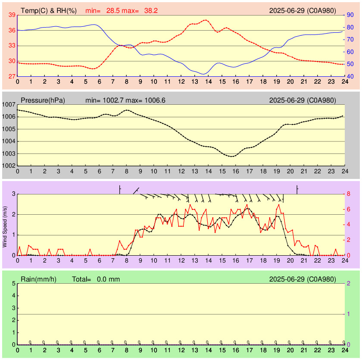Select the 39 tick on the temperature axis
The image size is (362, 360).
pos(12,15)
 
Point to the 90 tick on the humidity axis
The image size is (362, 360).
pos(350,15)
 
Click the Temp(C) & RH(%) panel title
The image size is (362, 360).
pos(49,11)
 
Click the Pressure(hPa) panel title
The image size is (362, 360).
pos(43,100)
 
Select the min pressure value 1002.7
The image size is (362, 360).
pos(115,100)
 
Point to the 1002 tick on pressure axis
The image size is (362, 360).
pos(9,166)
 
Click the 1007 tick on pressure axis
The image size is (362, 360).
pos(9,105)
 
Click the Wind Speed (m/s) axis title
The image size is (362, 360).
pos(5,225)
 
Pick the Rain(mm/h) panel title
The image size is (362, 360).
pos(38,279)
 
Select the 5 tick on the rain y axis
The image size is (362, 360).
pos(13,283)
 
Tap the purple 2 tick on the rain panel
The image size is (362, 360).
pos(349,283)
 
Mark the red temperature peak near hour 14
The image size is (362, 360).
pos(206,20)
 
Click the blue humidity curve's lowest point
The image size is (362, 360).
pos(203,74)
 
